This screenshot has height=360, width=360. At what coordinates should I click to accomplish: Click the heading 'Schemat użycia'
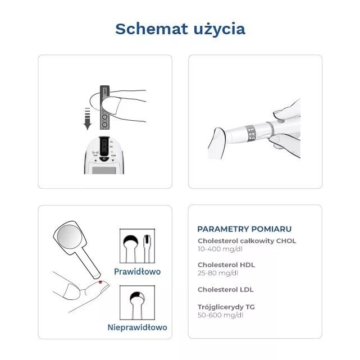coord(180,29)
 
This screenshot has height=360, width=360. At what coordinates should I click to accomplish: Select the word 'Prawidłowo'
coord(137,271)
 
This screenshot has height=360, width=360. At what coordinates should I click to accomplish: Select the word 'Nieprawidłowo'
coord(137,327)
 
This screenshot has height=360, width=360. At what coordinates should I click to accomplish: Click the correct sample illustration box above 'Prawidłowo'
coord(138,245)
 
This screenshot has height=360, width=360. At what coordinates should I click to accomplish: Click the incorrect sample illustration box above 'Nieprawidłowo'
coord(138,302)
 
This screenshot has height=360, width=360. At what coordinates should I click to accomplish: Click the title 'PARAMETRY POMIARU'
coord(244,229)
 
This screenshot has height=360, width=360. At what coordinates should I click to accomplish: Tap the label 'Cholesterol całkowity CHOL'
coord(247,240)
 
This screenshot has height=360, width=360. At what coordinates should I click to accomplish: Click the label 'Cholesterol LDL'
coord(225,289)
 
